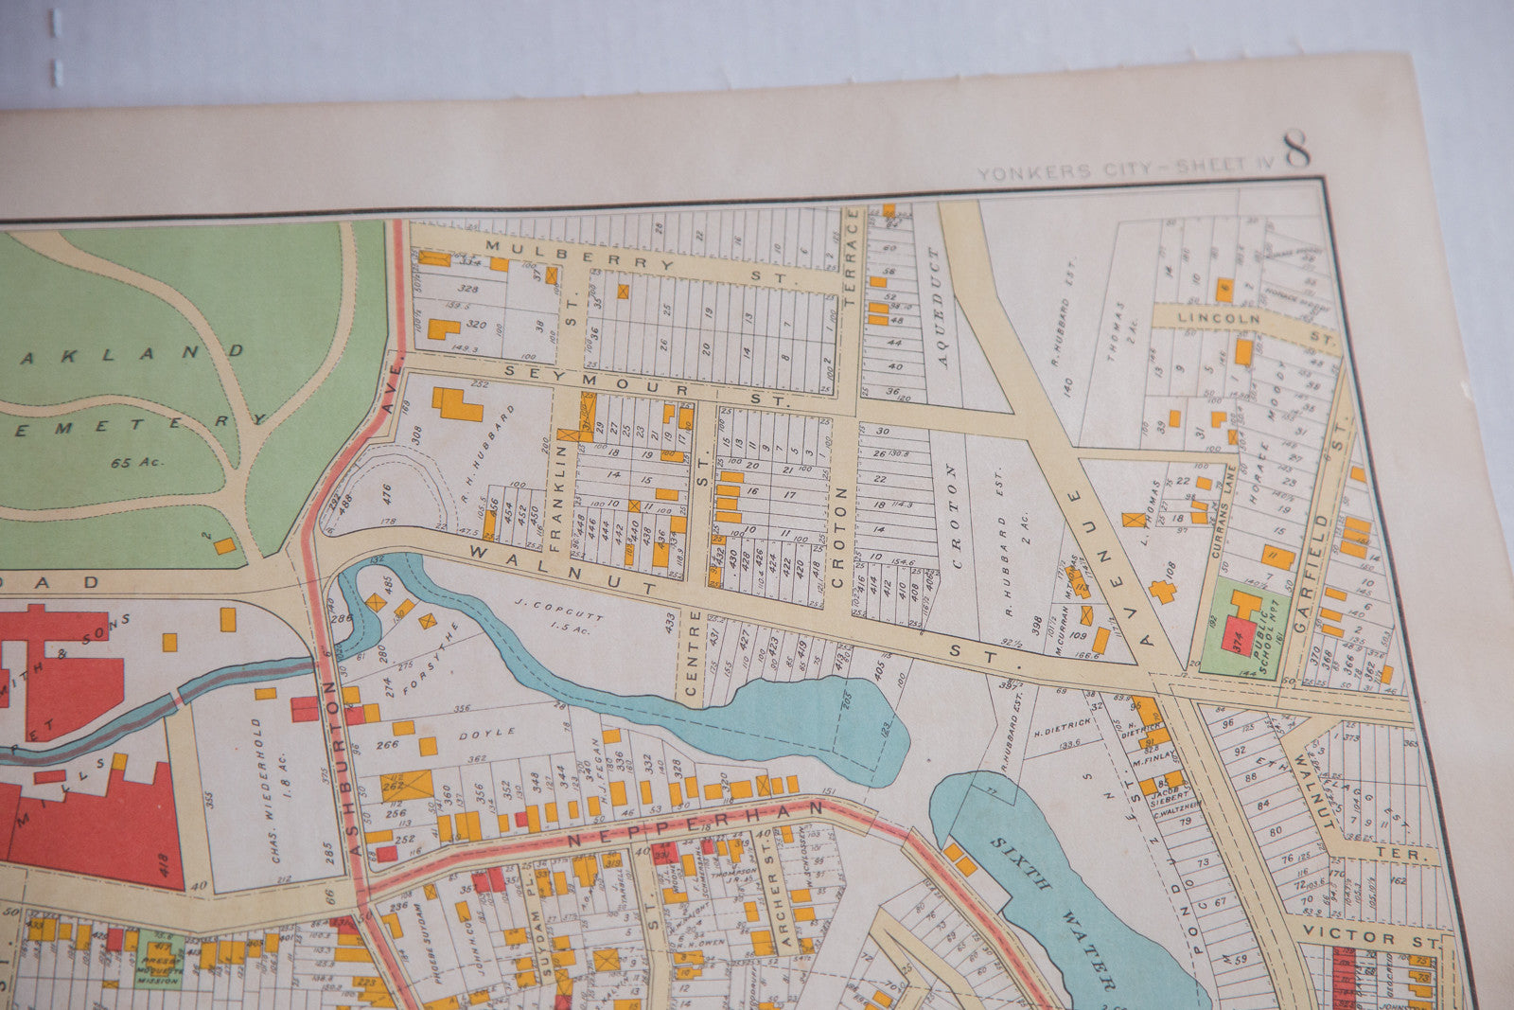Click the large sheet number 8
pyautogui.click(x=1296, y=150)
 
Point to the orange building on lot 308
pyautogui.click(x=457, y=403)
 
